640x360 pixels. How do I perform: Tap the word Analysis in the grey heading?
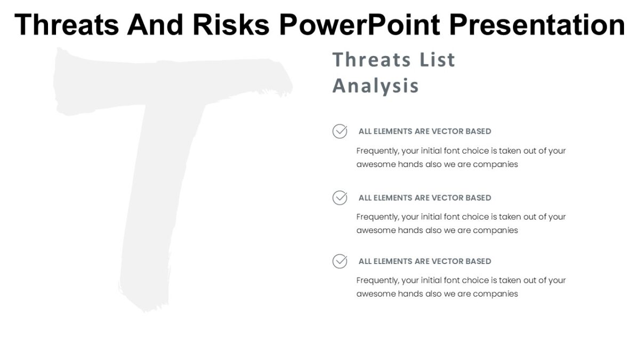click(x=375, y=86)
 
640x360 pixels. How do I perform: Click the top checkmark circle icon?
click(x=340, y=131)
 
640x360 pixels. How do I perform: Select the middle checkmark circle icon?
click(x=340, y=198)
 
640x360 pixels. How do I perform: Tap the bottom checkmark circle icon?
click(x=340, y=261)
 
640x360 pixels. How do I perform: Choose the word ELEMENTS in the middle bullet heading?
click(x=394, y=198)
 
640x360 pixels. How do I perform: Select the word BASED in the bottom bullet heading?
click(x=478, y=261)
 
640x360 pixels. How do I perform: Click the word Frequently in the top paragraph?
click(x=377, y=151)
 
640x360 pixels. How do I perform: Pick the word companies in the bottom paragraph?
click(x=495, y=294)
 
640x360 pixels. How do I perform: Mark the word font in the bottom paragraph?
click(x=452, y=281)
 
